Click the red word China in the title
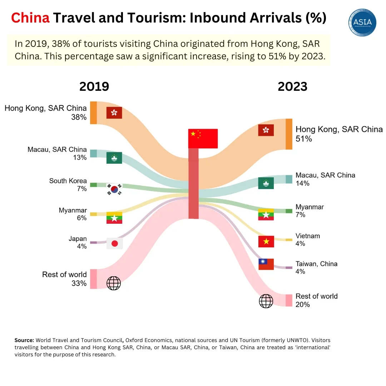pyautogui.click(x=30, y=18)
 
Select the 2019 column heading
pyautogui.click(x=94, y=86)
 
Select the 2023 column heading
pyautogui.click(x=292, y=86)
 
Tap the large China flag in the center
pyautogui.click(x=203, y=138)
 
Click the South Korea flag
pyautogui.click(x=114, y=189)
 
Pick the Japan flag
pyautogui.click(x=114, y=243)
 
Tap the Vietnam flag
pyautogui.click(x=266, y=242)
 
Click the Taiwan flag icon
pyautogui.click(x=266, y=264)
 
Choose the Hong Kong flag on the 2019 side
pyautogui.click(x=114, y=113)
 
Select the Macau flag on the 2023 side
pyautogui.click(x=266, y=183)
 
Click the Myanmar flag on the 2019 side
pyautogui.click(x=114, y=218)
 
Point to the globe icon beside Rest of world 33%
pyautogui.click(x=114, y=283)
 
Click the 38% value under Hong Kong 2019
pyautogui.click(x=79, y=117)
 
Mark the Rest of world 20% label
pyautogui.click(x=316, y=300)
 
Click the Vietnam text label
pyautogui.click(x=307, y=236)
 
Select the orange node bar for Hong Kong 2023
pyautogui.click(x=289, y=134)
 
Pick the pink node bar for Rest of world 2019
pyautogui.click(x=93, y=279)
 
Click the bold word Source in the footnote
pyautogui.click(x=24, y=340)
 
